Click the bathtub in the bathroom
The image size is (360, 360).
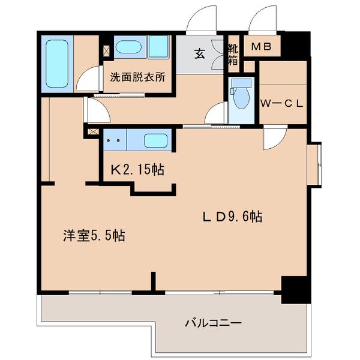pyautogui.click(x=57, y=64)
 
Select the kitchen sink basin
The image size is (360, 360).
pyautogui.click(x=155, y=140)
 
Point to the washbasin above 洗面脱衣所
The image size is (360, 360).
pyautogui.click(x=128, y=47)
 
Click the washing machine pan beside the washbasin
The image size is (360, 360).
pyautogui.click(x=158, y=47)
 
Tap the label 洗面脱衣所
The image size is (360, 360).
pyautogui.click(x=137, y=77)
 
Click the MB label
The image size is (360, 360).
pyautogui.click(x=262, y=47)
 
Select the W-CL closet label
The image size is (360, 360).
pyautogui.click(x=282, y=104)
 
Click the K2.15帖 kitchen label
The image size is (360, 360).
pyautogui.click(x=137, y=170)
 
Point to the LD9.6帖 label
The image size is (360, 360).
pyautogui.click(x=232, y=216)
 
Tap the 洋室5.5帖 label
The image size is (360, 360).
pyautogui.click(x=94, y=235)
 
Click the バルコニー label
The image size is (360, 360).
pyautogui.click(x=213, y=323)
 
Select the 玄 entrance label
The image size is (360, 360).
pyautogui.click(x=200, y=54)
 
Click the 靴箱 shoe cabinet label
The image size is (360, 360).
pyautogui.click(x=233, y=55)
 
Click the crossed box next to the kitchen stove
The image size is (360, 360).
pyautogui.click(x=93, y=132)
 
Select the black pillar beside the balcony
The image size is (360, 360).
pyautogui.click(x=296, y=290)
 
